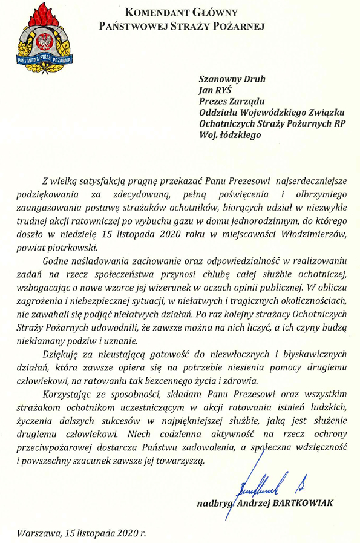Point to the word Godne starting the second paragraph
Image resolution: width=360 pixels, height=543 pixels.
[x=54, y=261]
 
